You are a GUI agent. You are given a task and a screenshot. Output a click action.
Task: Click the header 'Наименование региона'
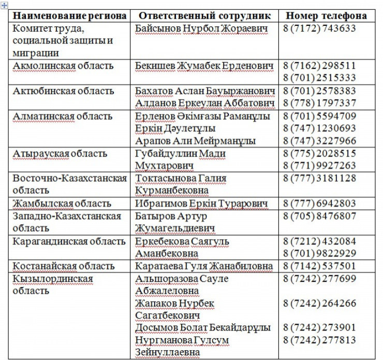point(69,16)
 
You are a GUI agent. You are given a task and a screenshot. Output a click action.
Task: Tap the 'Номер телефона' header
point(326,16)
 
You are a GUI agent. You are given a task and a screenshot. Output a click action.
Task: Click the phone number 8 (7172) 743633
point(319,28)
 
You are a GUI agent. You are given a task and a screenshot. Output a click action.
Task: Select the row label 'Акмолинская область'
point(63,66)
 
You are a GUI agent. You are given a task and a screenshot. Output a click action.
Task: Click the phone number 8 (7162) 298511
point(319,66)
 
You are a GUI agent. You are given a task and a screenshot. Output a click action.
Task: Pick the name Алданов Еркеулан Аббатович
point(204,104)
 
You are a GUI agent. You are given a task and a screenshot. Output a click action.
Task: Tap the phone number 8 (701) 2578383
point(319,91)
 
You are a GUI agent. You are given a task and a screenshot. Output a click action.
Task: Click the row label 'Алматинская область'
point(63,116)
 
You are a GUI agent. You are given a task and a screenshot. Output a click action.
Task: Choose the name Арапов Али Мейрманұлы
point(195,141)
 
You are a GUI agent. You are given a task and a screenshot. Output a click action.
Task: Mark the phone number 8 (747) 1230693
point(319,128)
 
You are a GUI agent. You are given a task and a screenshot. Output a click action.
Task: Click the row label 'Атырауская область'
point(60,154)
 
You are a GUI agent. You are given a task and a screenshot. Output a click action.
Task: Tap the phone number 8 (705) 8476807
point(319,216)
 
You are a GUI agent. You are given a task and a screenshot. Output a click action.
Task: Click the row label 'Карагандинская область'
point(69,241)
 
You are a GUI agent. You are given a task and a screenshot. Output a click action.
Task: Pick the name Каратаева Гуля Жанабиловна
point(204,266)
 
